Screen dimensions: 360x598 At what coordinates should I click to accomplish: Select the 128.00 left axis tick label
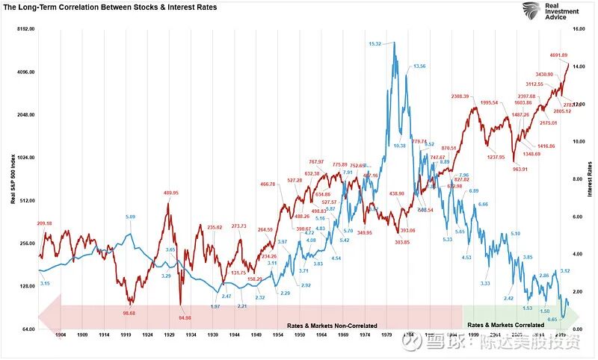click(x=27, y=287)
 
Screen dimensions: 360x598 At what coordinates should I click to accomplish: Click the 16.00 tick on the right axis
click(x=579, y=28)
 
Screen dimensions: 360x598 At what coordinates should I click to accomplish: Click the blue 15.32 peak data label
click(x=376, y=44)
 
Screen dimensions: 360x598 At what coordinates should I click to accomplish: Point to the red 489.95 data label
click(x=171, y=193)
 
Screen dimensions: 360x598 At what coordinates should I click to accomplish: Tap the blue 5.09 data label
click(x=131, y=217)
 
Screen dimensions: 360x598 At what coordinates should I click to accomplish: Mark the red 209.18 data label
click(x=44, y=223)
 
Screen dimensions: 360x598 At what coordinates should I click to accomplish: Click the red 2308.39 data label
click(x=460, y=96)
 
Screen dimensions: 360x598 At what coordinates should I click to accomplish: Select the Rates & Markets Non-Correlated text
click(x=332, y=326)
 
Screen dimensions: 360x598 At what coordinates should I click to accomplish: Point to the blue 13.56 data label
click(x=419, y=66)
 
